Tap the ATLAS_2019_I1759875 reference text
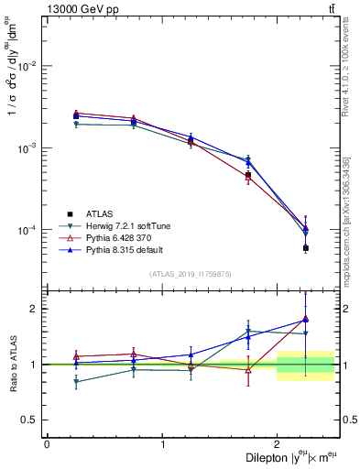[x=191, y=274]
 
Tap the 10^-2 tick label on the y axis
[x=29, y=67]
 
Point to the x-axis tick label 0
[x=47, y=443]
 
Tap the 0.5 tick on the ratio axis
[x=29, y=420]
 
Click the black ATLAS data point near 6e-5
[x=306, y=248]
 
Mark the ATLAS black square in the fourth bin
[x=248, y=175]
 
